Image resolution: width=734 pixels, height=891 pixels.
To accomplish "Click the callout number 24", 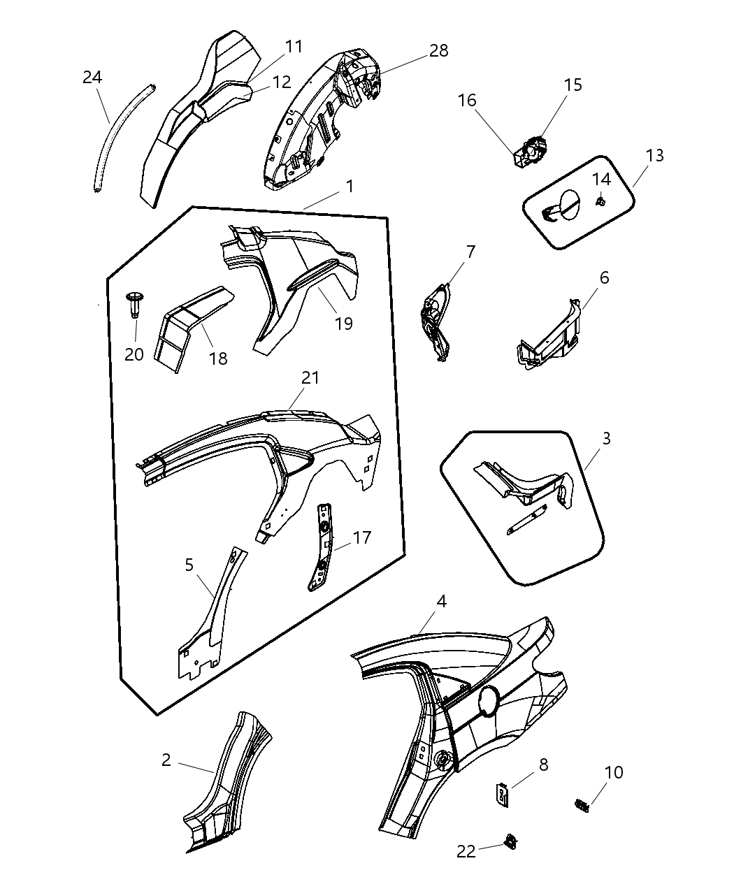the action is (92, 78).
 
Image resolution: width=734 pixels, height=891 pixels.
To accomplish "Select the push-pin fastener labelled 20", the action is (134, 305).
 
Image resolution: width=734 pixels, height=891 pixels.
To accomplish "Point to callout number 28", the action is (438, 51).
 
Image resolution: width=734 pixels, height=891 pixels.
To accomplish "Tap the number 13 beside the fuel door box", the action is (654, 155).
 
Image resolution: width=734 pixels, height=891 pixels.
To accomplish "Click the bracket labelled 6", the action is (549, 336).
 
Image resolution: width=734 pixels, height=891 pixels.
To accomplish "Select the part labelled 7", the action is (436, 323).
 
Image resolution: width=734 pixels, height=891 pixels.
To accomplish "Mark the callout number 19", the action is (343, 324).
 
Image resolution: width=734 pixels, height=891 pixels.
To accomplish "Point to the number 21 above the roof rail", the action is (310, 377).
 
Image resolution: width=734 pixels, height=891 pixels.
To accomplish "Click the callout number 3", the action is (606, 438).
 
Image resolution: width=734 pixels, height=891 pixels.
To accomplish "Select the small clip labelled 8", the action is (502, 795).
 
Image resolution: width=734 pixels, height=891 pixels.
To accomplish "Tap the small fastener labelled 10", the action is (582, 805).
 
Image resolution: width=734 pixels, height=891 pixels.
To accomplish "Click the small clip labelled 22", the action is (511, 841).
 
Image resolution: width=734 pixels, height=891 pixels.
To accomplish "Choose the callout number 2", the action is (166, 760).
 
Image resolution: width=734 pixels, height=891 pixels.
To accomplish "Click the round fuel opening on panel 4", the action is (489, 702).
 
